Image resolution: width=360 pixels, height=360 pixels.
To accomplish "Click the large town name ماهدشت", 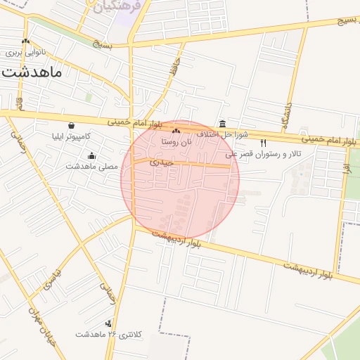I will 32,70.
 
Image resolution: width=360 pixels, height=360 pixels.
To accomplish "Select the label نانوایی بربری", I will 25,53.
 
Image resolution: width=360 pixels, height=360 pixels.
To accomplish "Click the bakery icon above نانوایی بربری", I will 26,41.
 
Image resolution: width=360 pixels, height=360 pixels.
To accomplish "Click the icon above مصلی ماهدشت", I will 91,155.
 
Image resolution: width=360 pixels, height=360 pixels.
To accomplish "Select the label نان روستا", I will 176,141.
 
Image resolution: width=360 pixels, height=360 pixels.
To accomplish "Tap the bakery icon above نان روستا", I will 175,131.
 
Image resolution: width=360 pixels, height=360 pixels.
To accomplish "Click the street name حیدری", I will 161,162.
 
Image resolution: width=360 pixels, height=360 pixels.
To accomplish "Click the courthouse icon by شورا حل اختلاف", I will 223,124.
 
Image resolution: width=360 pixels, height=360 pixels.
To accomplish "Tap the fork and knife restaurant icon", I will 263,143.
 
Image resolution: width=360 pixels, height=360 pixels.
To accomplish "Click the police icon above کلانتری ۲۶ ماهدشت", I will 108,323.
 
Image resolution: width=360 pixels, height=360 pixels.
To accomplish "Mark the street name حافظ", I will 173,71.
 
